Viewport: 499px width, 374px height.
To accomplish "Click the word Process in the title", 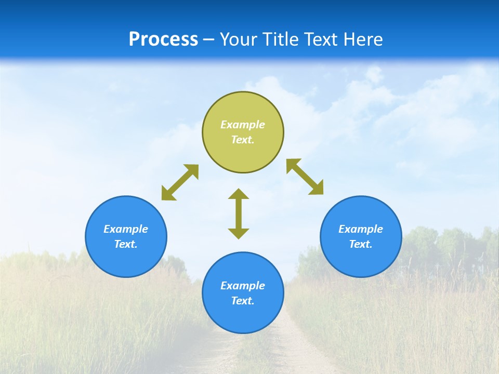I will [x=163, y=39].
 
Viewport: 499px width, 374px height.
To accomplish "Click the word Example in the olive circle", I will [x=243, y=125].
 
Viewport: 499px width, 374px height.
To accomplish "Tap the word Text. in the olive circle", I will [x=243, y=140].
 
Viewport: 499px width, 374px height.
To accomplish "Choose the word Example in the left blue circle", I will [x=126, y=229].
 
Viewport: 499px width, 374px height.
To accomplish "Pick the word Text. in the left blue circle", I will [x=126, y=244].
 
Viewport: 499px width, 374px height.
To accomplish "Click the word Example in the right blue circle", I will [x=361, y=229].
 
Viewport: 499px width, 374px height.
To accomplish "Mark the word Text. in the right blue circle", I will [x=361, y=244].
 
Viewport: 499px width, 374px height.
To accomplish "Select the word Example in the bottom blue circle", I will [x=243, y=286].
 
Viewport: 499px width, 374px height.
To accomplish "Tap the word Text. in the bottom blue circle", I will [x=243, y=301].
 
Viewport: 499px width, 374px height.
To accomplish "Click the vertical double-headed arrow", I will [x=239, y=213].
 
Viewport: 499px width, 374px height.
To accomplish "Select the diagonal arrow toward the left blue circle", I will [x=180, y=182].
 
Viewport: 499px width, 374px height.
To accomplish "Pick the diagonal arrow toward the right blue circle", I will [x=305, y=177].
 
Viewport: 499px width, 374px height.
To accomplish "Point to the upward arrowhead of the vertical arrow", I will [x=239, y=194].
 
